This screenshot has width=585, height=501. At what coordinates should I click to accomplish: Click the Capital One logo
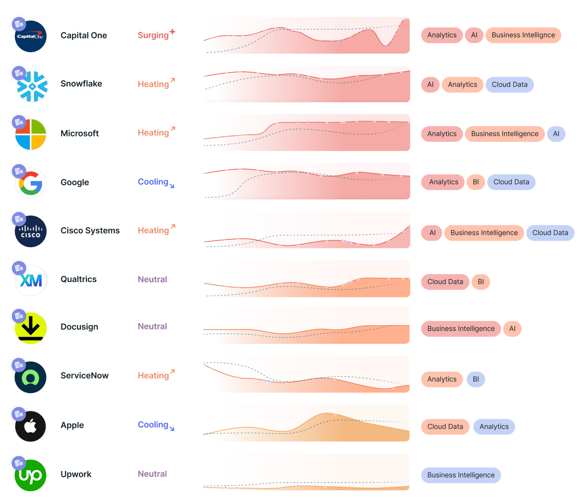[x=31, y=36]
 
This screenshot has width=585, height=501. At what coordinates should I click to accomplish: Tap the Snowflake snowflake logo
[x=32, y=86]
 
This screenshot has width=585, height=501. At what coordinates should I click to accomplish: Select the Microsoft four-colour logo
[x=31, y=134]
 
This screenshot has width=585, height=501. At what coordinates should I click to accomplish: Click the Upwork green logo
[x=31, y=476]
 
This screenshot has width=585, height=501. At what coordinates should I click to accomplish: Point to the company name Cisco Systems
[x=90, y=231]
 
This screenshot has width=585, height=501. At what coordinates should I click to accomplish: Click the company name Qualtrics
[x=78, y=280]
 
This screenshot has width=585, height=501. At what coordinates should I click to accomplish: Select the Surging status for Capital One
[x=153, y=35]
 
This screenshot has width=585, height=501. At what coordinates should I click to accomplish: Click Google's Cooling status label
[x=153, y=182]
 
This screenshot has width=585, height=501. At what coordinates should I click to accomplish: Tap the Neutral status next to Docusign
[x=152, y=327]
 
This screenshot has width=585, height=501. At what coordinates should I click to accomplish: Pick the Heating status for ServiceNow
[x=153, y=376]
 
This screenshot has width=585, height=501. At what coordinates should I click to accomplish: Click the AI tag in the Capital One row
[x=474, y=35]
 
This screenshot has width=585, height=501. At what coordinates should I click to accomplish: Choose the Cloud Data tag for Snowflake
[x=509, y=85]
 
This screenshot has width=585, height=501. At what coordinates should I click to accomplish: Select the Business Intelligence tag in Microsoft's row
[x=505, y=134]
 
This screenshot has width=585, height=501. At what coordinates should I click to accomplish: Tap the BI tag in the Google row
[x=476, y=182]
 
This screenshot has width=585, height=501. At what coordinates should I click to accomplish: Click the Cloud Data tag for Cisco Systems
[x=550, y=233]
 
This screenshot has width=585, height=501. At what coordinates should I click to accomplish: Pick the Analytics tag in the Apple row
[x=494, y=427]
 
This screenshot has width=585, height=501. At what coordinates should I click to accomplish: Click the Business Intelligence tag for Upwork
[x=461, y=475]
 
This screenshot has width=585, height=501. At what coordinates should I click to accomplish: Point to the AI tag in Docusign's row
[x=512, y=329]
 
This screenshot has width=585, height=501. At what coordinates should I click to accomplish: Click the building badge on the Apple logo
[x=19, y=414]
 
